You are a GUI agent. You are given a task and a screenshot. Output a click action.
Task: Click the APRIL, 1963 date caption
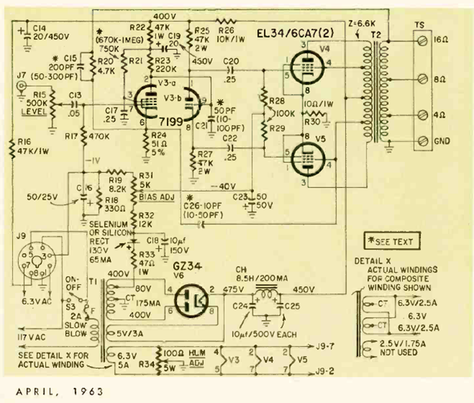52,391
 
